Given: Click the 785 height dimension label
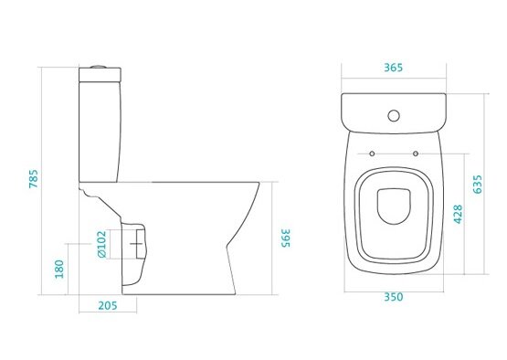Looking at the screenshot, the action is click(34, 178).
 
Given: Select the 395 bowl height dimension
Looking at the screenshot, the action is click(285, 238).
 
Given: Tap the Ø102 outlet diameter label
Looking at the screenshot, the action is click(101, 244).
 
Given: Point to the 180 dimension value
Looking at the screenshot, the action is click(59, 269).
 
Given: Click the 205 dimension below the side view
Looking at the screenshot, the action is click(108, 306).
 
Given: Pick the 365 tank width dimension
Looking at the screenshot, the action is click(394, 68).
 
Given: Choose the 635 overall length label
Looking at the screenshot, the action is click(477, 185).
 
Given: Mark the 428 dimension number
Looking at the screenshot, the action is click(458, 214).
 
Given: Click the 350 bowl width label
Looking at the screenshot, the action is click(394, 297).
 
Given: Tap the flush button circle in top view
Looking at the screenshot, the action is click(394, 115).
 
